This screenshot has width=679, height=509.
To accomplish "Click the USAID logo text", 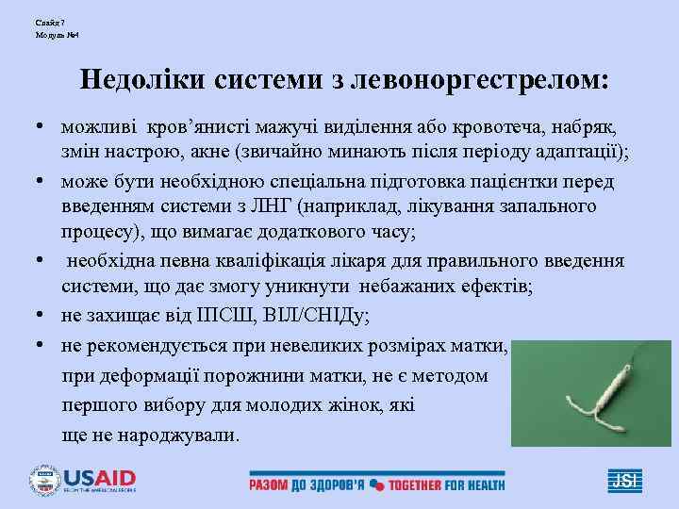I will pos(99,477).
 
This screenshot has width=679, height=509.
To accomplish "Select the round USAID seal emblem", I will pos(43,480).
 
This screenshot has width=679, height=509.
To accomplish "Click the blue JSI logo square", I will pos(623,480).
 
